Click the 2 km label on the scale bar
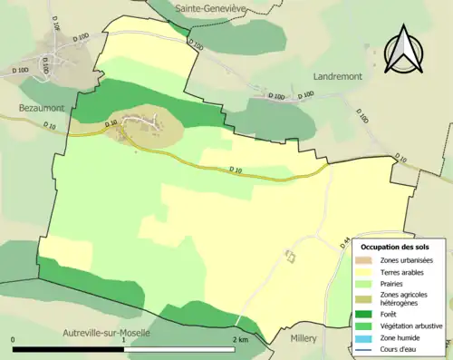click(240, 339)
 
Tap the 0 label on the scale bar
click(14, 339)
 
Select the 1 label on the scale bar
click(124, 339)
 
